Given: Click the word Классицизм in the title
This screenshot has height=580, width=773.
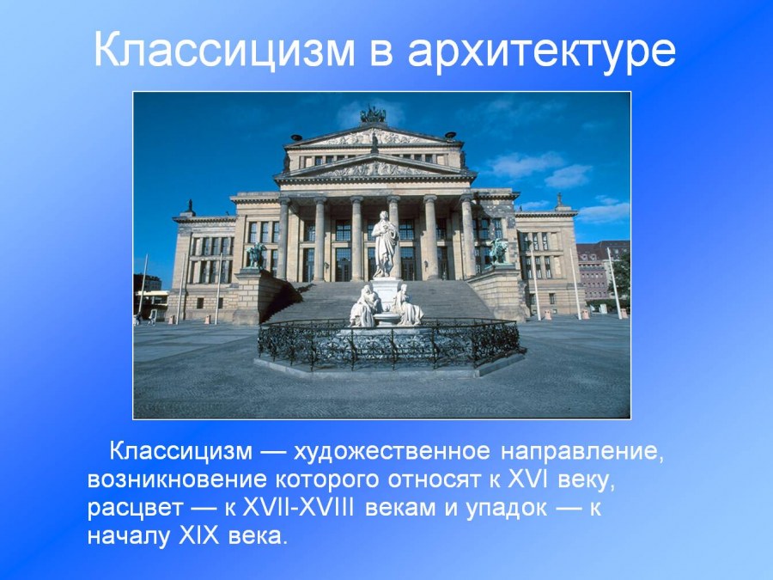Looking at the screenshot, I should click(222, 51).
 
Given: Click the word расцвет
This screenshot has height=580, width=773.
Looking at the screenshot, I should click(129, 507).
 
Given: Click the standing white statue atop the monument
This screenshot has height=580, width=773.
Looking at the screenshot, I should click(385, 243).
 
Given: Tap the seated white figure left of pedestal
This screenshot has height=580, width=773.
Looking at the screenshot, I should click(364, 307).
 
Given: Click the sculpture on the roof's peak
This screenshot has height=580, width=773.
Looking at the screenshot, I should click(373, 115).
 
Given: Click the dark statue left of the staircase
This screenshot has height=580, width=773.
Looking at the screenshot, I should click(257, 255).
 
